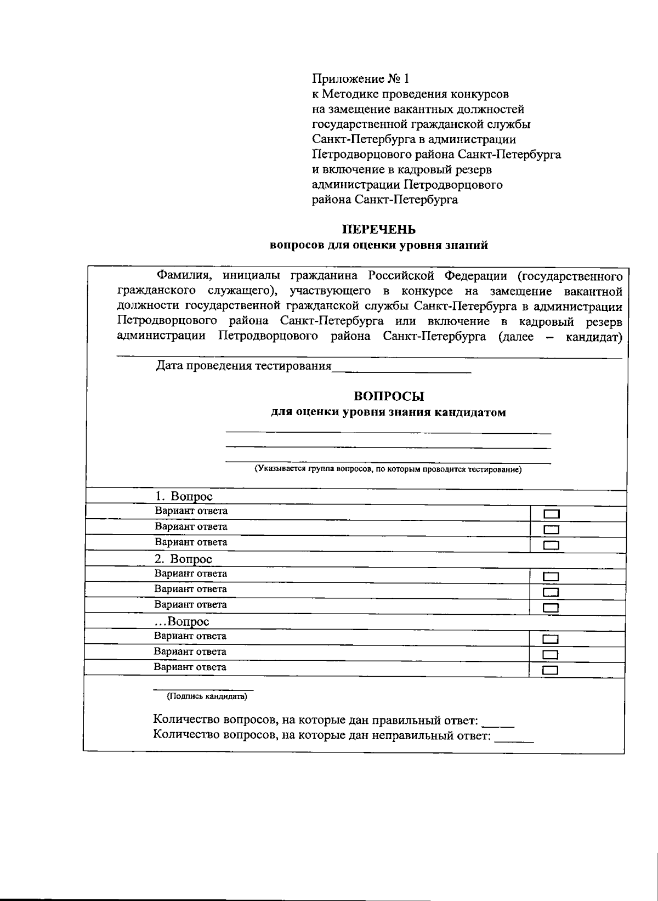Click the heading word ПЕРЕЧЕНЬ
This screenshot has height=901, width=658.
[379, 230]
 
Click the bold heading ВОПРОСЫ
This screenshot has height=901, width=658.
[389, 396]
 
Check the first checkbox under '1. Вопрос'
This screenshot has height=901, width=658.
[551, 514]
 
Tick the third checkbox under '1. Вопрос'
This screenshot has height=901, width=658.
[551, 545]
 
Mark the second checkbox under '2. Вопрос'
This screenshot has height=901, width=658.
[551, 592]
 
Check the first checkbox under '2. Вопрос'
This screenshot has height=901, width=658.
[551, 577]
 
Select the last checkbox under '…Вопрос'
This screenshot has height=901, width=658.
[550, 670]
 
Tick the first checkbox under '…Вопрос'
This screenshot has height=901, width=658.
[550, 639]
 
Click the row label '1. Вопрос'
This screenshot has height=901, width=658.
[184, 497]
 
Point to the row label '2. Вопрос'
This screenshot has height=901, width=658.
[183, 559]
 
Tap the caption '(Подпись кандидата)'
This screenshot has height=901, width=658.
[207, 696]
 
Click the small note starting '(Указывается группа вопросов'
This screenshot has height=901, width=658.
[387, 469]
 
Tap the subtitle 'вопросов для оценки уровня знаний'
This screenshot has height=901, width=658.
[379, 246]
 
